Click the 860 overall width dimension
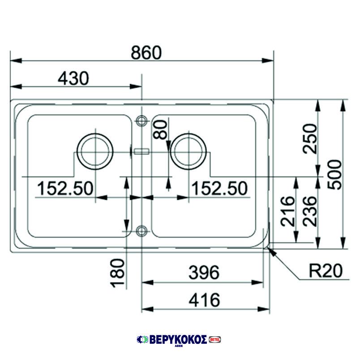coord(146,53)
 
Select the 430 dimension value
coord(73,79)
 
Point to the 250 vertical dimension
coord(310,138)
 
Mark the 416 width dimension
coord(204,300)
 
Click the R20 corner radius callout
coord(326,270)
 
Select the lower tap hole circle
coord(141,231)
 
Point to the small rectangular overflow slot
coord(141,151)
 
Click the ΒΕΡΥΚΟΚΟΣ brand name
coord(177,340)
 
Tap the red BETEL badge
coord(215,340)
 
